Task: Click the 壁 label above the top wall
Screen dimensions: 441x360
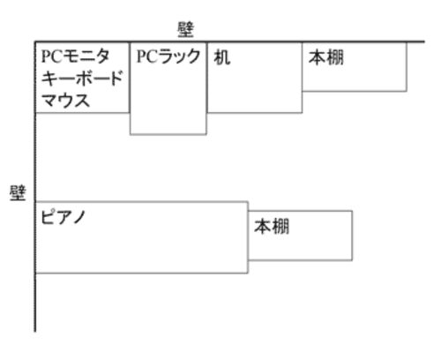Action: tap(185, 30)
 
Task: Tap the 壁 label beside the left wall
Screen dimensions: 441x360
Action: tap(18, 192)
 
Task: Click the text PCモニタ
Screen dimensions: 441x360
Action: tap(76, 56)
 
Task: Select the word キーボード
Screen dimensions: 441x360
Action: tap(82, 79)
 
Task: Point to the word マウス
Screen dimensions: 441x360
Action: tap(65, 101)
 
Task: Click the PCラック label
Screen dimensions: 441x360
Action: tap(168, 56)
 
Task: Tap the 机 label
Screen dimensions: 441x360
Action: tap(222, 57)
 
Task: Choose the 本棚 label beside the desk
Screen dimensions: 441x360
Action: tap(326, 57)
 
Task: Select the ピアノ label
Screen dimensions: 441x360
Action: tap(63, 217)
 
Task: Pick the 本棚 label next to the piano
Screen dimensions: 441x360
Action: tap(272, 226)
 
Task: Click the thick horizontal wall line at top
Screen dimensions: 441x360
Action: tap(230, 41)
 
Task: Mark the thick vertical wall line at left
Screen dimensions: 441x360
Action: tap(35, 187)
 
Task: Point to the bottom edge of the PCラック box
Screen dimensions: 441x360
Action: tap(168, 134)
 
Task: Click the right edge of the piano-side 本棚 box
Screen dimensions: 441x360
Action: tap(352, 236)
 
